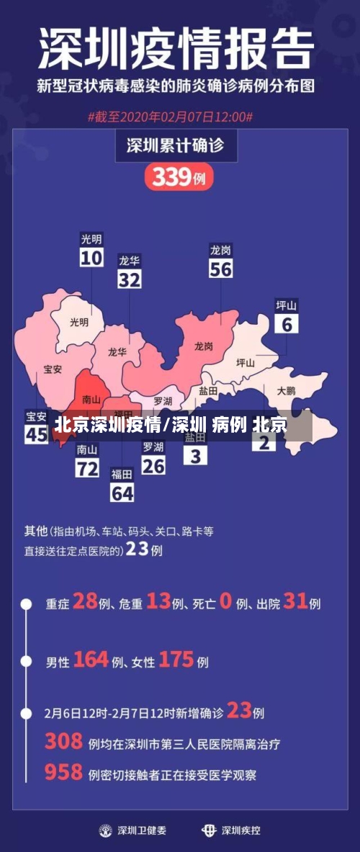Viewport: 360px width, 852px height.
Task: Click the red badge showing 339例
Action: [179, 176]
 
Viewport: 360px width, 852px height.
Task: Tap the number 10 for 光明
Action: [91, 258]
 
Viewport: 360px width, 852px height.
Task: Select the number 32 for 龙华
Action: [130, 279]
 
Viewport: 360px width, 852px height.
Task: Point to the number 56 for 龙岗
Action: [220, 269]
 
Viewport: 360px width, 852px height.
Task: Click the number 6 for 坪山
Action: [287, 324]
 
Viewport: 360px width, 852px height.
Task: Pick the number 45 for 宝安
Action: [36, 434]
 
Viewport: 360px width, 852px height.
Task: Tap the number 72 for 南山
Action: [87, 469]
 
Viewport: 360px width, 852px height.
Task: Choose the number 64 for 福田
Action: [122, 493]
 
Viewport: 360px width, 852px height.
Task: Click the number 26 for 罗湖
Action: [153, 465]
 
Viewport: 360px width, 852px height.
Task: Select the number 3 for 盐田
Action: [195, 456]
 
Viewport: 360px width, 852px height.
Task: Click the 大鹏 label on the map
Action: [286, 390]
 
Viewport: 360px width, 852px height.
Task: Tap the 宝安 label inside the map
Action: [53, 369]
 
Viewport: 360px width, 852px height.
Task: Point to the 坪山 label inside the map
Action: [246, 363]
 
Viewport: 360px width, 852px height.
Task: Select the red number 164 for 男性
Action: [91, 659]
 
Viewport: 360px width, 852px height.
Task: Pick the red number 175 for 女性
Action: [176, 659]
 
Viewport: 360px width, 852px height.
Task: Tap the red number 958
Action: [63, 773]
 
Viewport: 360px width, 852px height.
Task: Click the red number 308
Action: [63, 741]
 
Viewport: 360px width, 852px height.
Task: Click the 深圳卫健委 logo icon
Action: [107, 830]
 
